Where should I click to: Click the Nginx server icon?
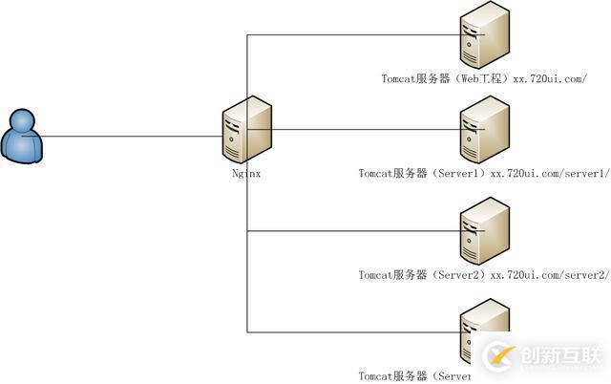point(245,133)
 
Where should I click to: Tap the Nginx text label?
point(246,174)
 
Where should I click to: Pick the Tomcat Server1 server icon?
point(483,128)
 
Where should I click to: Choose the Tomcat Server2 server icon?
point(483,229)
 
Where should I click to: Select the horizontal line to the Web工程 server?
point(353,35)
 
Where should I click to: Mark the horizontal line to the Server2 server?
point(353,230)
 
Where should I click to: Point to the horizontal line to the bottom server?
point(353,332)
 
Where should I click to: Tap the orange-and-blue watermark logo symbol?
point(500,357)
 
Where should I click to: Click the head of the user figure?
point(21,121)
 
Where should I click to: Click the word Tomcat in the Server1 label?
point(376,174)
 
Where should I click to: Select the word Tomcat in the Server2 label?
point(376,275)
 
